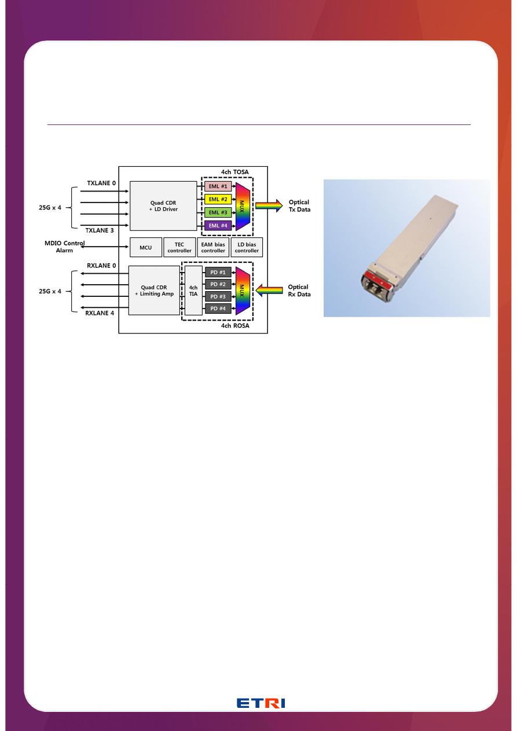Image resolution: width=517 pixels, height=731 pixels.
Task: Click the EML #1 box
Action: (217, 186)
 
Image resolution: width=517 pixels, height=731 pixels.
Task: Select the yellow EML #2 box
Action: (217, 199)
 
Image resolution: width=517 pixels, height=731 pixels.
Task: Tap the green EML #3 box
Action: (217, 212)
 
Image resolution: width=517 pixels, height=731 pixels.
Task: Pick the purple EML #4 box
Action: (217, 225)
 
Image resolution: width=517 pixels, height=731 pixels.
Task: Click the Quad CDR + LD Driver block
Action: (163, 205)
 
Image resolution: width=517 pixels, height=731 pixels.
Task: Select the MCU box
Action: (145, 247)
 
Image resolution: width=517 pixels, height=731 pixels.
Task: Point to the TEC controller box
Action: (179, 247)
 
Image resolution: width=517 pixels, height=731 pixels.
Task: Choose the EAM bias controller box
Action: (213, 247)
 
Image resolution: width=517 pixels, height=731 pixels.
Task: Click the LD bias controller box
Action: (247, 247)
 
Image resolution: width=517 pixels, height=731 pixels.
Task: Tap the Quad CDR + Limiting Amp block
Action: (154, 290)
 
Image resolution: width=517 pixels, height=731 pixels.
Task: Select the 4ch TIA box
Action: (194, 290)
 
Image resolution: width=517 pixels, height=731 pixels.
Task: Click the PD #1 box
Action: (218, 271)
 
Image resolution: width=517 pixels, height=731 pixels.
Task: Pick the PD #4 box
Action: (218, 308)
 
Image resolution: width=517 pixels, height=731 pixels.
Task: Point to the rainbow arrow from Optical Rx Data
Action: (269, 291)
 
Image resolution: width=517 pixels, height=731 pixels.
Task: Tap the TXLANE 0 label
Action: (101, 183)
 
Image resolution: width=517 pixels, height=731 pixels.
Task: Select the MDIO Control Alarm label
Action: (64, 247)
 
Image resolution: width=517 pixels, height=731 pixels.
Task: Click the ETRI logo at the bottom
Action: (261, 703)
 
